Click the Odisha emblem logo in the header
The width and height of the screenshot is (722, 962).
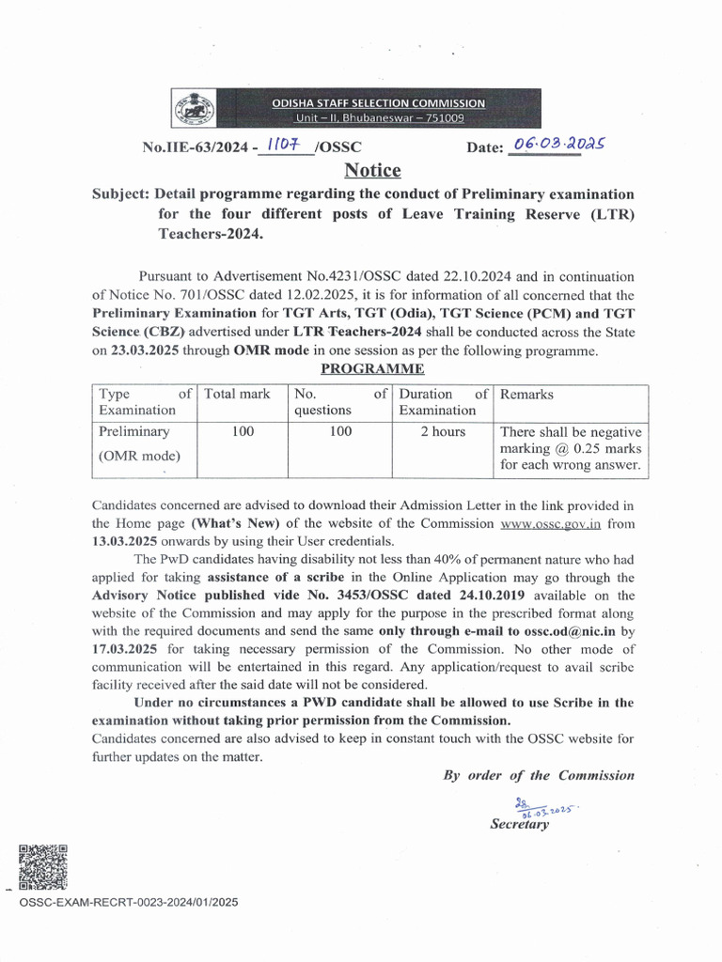194,109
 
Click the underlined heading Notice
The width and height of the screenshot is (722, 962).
372,170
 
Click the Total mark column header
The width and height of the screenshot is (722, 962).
237,395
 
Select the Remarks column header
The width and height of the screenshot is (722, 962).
526,395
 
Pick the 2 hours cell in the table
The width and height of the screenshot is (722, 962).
442,432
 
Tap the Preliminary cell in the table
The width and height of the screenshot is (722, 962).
134,432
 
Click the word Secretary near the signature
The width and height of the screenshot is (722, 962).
519,824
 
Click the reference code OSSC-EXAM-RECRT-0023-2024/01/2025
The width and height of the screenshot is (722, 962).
128,902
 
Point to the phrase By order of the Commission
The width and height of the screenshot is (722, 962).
539,775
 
